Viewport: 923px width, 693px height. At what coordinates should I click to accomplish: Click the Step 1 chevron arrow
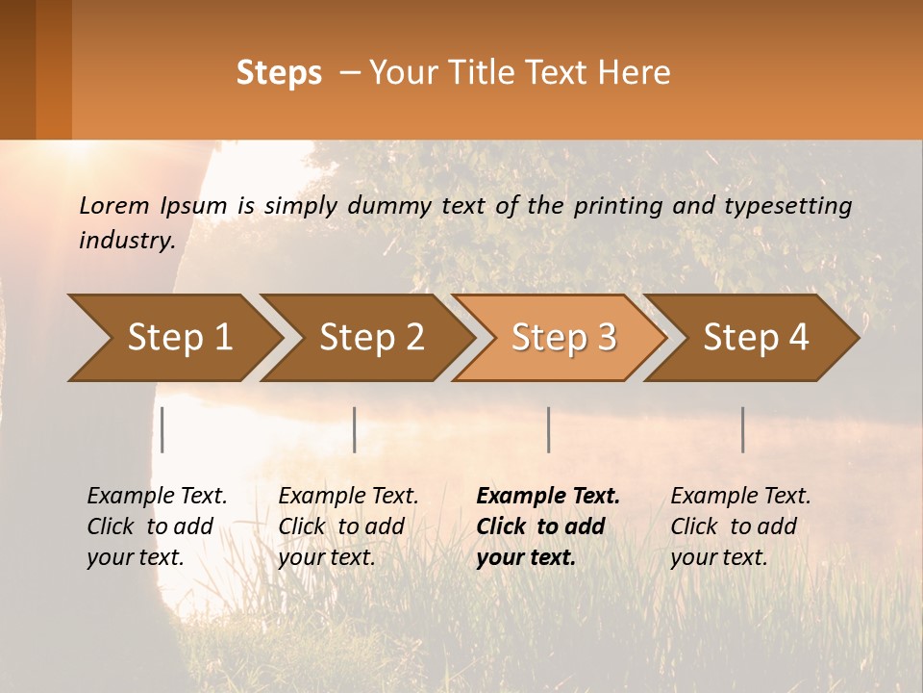pos(179,338)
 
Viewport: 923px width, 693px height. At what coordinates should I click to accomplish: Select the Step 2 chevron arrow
pos(371,338)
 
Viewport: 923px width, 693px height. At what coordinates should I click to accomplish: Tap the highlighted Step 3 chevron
pos(563,338)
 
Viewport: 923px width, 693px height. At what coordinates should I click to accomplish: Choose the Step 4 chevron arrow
pos(756,338)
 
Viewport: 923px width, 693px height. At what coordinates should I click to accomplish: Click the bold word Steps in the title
pos(279,73)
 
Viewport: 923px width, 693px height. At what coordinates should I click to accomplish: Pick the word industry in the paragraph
pos(127,240)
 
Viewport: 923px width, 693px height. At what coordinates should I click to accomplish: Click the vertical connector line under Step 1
pos(162,429)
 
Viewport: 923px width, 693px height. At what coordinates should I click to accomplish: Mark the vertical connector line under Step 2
pos(355,429)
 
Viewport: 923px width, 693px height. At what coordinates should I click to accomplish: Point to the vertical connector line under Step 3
pos(548,429)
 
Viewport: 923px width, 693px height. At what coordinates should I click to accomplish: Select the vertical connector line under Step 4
pos(742,429)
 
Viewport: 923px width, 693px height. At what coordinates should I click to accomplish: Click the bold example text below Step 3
pos(548,526)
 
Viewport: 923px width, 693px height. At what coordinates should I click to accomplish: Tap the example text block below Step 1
pos(157,526)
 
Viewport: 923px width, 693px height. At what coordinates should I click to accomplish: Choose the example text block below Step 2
pos(348,526)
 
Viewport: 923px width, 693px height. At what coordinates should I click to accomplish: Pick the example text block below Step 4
pos(740,526)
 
